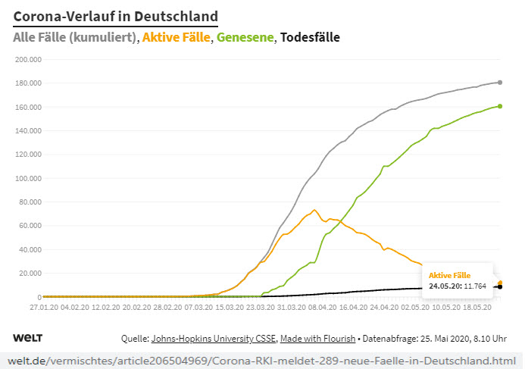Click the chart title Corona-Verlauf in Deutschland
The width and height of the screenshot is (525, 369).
[116, 16]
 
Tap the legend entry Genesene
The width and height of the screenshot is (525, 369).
[246, 36]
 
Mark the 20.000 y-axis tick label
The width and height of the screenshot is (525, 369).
[29, 274]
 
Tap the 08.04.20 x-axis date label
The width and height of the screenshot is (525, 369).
[323, 309]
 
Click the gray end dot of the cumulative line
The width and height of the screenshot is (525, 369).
[500, 82]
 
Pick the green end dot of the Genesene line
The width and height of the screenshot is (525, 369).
[500, 106]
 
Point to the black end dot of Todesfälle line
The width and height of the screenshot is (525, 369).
[500, 286]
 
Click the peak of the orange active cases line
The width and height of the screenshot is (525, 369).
[314, 210]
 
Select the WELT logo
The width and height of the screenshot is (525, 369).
[28, 336]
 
